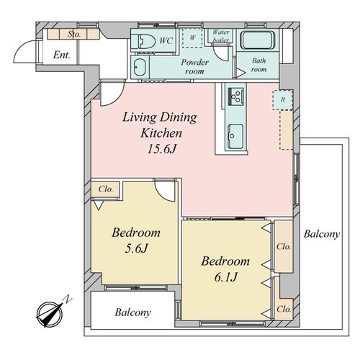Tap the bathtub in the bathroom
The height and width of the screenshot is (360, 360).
pyautogui.click(x=257, y=40)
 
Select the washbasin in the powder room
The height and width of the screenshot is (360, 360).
pyautogui.click(x=139, y=67)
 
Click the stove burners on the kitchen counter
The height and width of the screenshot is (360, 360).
pyautogui.click(x=236, y=96)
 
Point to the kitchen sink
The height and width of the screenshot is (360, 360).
pyautogui.click(x=235, y=136)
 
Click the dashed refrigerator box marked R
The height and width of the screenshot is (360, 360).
pyautogui.click(x=283, y=100)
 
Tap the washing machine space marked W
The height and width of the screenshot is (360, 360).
pyautogui.click(x=192, y=38)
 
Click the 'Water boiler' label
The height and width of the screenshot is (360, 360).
pyautogui.click(x=221, y=36)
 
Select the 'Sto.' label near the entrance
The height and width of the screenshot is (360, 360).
pyautogui.click(x=73, y=35)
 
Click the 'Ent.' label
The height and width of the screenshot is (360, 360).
pyautogui.click(x=62, y=55)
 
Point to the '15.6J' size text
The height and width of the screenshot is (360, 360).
pyautogui.click(x=162, y=149)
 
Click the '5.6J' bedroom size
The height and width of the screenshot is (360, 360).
pyautogui.click(x=136, y=248)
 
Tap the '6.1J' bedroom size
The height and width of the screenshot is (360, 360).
pyautogui.click(x=226, y=277)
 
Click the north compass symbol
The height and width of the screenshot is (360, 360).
pyautogui.click(x=51, y=312)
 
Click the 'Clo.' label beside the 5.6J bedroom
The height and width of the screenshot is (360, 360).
pyautogui.click(x=106, y=189)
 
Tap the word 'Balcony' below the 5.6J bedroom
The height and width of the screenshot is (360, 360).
pyautogui.click(x=132, y=312)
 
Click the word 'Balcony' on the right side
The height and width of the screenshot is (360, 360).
pyautogui.click(x=322, y=234)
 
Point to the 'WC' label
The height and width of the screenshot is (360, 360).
pyautogui.click(x=166, y=40)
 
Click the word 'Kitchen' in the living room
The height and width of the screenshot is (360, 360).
pyautogui.click(x=161, y=133)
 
